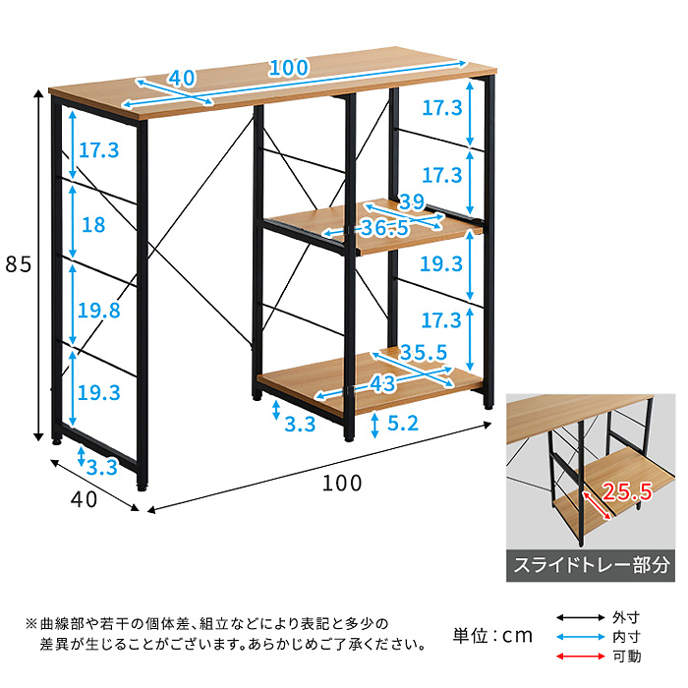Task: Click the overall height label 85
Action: (x=19, y=264)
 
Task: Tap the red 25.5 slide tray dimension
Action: (x=627, y=491)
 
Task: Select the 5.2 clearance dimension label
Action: (x=403, y=423)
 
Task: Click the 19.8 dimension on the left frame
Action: (x=98, y=311)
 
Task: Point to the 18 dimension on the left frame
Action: (x=93, y=225)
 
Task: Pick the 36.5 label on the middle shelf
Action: (x=384, y=228)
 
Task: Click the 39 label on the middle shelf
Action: (x=412, y=201)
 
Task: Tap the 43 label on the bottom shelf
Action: (x=382, y=384)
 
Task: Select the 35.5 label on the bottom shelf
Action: (x=423, y=352)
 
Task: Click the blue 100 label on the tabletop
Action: (x=289, y=68)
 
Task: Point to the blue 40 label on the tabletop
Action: (x=182, y=78)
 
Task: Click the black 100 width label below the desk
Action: (x=342, y=484)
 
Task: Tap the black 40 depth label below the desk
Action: (x=84, y=499)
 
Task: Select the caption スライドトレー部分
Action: (x=592, y=565)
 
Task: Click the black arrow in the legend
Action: (x=581, y=618)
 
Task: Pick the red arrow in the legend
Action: (x=581, y=657)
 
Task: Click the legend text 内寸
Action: (x=627, y=637)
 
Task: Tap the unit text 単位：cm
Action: (x=492, y=635)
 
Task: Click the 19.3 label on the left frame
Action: (x=98, y=392)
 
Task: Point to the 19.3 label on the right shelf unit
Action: (x=441, y=263)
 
